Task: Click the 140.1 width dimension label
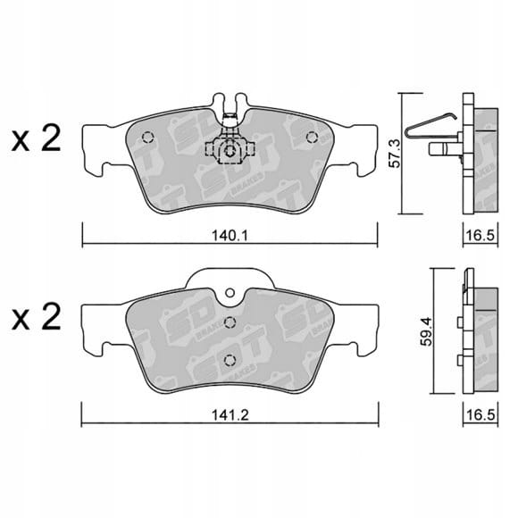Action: (x=230, y=236)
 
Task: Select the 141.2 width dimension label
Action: (x=230, y=415)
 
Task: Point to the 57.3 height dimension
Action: (x=394, y=154)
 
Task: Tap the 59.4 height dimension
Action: (x=426, y=331)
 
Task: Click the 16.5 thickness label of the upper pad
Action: (x=480, y=236)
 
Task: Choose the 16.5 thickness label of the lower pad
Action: (x=480, y=415)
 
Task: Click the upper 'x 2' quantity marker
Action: (x=36, y=138)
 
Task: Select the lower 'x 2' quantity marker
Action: (x=36, y=316)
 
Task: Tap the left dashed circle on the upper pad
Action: (x=147, y=138)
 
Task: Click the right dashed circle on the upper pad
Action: (x=312, y=138)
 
